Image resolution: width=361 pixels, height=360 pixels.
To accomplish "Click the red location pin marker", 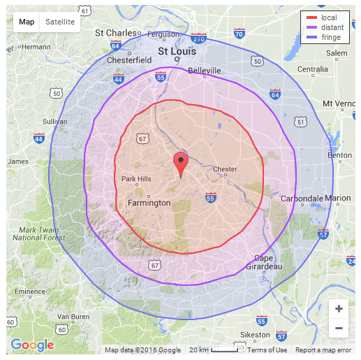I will [181, 164].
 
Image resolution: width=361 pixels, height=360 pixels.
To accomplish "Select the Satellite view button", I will [60, 22].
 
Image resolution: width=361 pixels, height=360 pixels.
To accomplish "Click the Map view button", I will [27, 22].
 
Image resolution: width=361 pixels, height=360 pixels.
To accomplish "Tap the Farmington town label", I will [149, 203].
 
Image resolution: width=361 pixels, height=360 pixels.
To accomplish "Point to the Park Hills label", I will [136, 179].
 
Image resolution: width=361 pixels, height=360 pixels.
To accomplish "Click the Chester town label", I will [225, 169].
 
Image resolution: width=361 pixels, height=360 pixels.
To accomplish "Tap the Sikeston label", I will [256, 335].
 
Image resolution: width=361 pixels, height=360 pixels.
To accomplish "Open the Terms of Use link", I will [267, 350].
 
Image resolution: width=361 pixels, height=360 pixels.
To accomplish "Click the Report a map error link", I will [323, 350].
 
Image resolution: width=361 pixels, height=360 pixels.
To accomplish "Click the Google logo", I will [32, 345].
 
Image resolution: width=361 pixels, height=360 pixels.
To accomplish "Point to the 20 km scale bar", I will [217, 350].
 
